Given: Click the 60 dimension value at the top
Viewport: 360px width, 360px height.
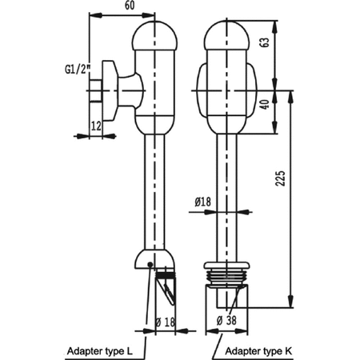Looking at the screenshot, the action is [130, 6].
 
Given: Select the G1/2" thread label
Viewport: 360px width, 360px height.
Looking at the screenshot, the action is [78, 70].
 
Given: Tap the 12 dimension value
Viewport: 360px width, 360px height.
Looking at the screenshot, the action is [96, 126].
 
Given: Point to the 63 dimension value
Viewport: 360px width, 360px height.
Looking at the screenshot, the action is [265, 42].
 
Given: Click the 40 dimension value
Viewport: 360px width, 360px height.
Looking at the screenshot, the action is [265, 103].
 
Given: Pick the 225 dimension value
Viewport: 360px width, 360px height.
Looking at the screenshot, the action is [280, 178].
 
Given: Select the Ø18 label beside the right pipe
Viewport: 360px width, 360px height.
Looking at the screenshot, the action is [202, 202].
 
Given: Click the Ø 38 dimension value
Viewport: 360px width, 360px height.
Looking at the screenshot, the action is [226, 320].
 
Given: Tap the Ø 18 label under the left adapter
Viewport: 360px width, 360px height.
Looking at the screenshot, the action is [166, 322].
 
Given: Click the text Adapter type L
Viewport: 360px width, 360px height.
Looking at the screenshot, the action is [100, 351].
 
